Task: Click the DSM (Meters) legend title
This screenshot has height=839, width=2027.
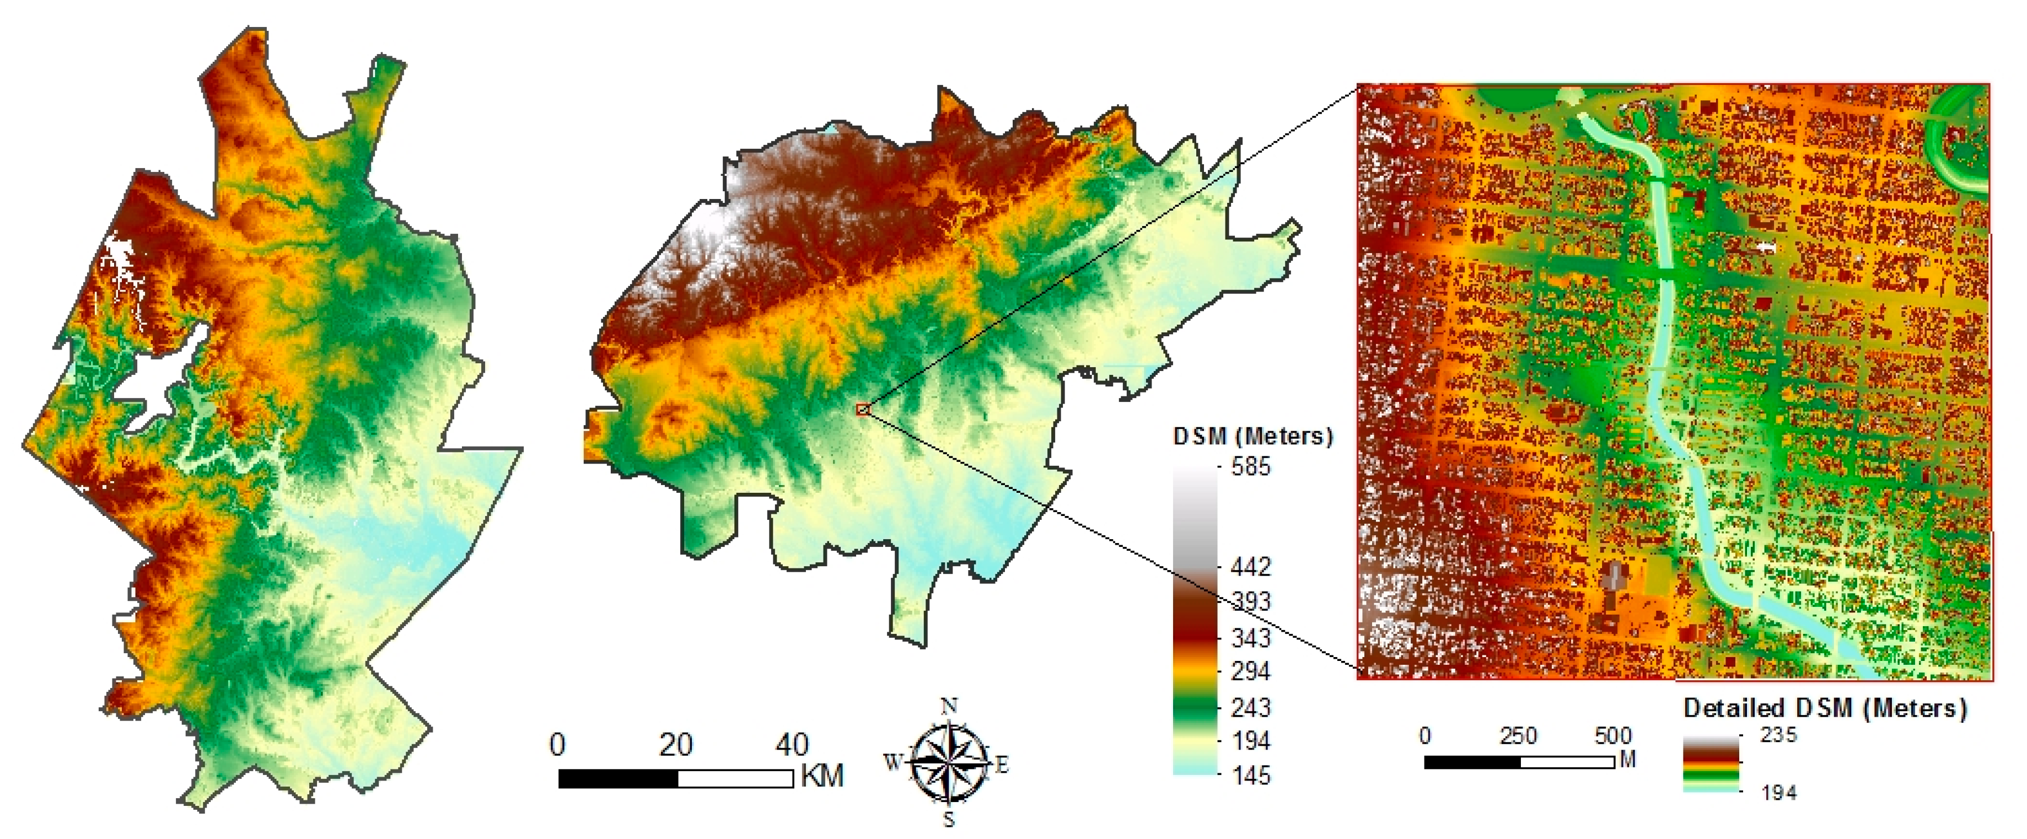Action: coord(1252,436)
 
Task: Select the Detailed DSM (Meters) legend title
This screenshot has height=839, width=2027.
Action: coord(1825,708)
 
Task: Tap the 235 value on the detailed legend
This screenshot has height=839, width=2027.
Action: coord(1778,735)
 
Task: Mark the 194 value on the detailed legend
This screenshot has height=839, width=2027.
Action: coord(1778,793)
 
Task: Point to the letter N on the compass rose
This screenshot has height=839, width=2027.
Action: coord(950,705)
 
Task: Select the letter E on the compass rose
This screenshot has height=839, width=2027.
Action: coord(1002,763)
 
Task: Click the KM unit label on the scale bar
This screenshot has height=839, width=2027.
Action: coord(822,776)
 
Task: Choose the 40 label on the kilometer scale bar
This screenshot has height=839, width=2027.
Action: coord(792,745)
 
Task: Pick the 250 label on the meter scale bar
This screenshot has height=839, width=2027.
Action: coord(1518,736)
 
